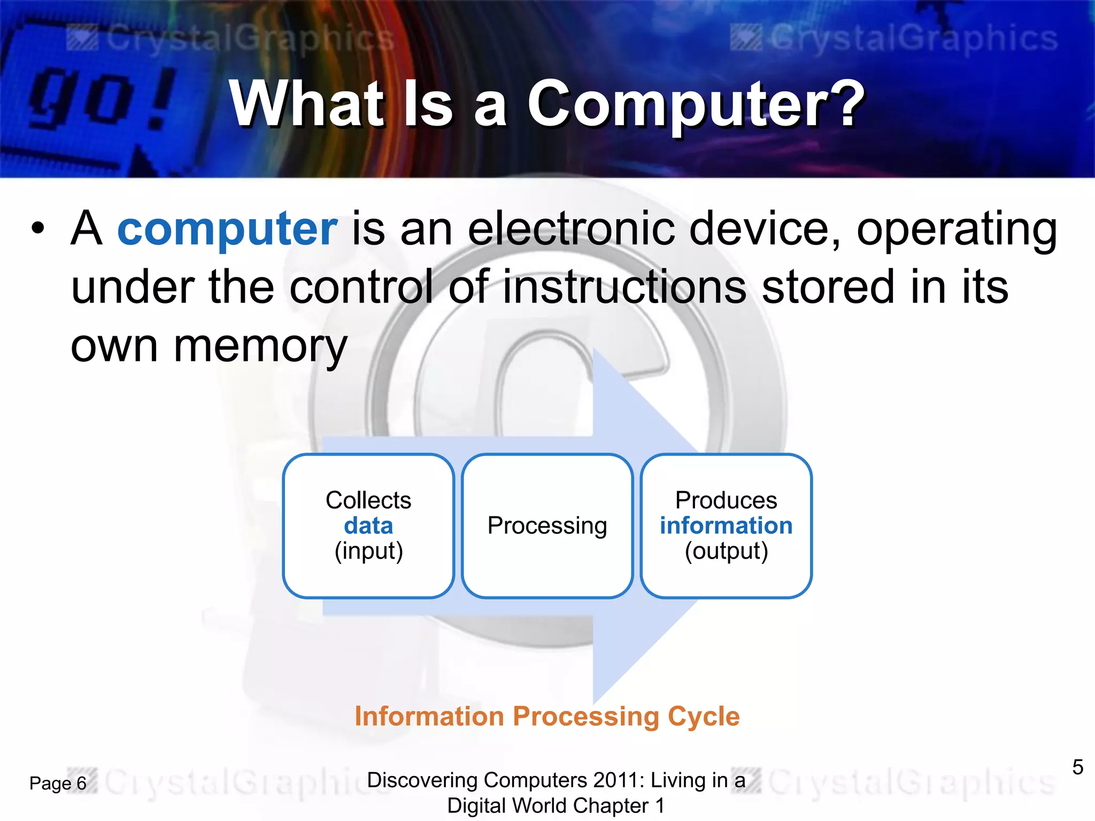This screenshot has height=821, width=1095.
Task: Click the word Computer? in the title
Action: point(695,104)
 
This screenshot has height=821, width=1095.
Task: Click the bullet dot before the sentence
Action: point(38,229)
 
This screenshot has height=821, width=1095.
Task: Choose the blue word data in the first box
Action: point(368,526)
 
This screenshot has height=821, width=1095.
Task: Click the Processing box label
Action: point(547,526)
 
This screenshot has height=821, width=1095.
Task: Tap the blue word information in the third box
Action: point(726,526)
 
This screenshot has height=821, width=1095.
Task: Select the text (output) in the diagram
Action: point(726,551)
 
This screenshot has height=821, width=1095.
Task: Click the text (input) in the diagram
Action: point(368,551)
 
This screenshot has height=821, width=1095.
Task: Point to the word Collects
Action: point(368,501)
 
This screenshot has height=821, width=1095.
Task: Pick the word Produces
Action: point(726,501)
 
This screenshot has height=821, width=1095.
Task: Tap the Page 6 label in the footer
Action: point(58,784)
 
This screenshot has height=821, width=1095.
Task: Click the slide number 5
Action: point(1077,768)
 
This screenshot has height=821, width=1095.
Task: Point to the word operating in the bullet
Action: point(957,229)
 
